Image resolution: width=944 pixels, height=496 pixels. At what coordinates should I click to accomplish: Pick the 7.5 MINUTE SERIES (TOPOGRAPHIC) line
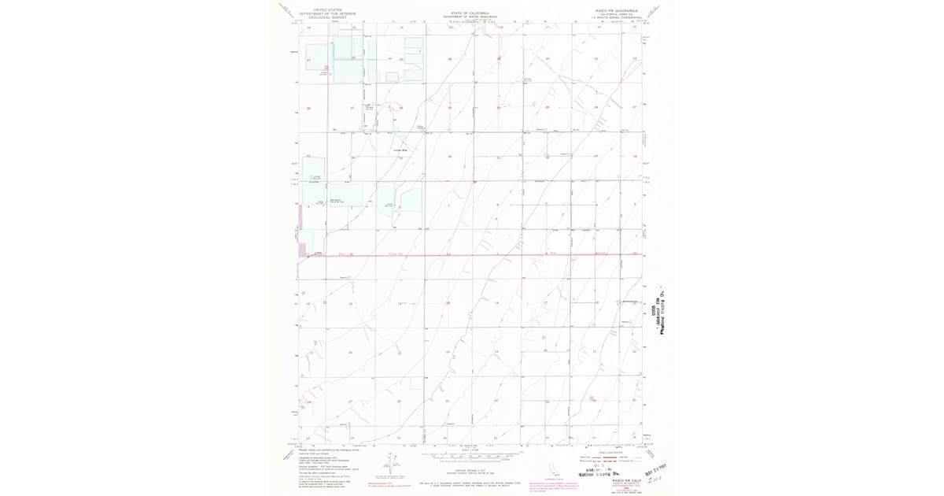(614, 17)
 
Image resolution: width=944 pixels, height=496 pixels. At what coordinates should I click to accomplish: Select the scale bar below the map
(470, 456)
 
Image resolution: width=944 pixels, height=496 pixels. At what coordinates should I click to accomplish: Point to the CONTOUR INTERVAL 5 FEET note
(470, 448)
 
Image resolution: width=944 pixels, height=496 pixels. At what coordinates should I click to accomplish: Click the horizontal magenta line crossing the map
(470, 255)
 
